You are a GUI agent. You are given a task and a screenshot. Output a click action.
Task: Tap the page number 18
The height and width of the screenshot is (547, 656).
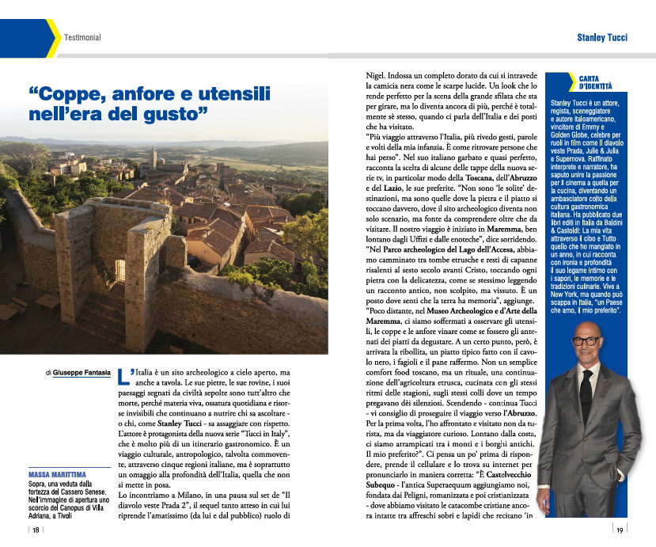click(36, 531)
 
